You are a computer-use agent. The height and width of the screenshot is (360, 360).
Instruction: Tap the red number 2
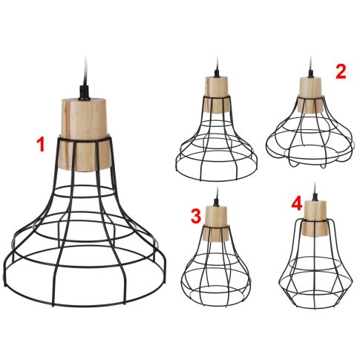click(x=341, y=71)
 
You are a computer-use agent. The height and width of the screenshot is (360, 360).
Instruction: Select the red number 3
click(x=196, y=216)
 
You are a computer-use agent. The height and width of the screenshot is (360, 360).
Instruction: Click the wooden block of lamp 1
click(x=82, y=134)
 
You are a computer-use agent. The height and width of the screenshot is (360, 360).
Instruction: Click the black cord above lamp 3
click(x=216, y=199)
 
